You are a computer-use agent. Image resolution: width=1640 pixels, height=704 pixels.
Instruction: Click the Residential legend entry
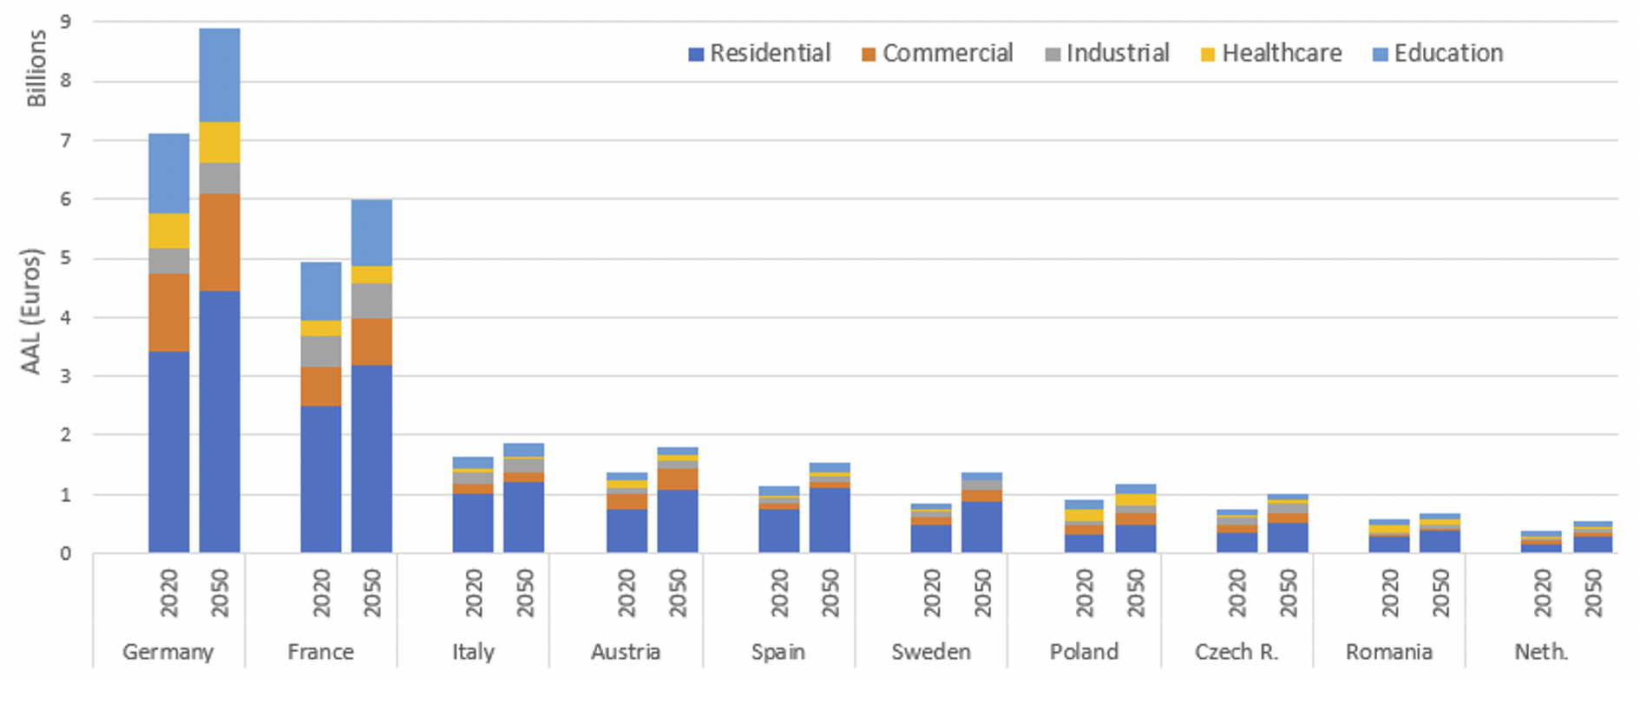pyautogui.click(x=759, y=54)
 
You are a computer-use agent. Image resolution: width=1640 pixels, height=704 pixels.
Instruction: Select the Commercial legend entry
pyautogui.click(x=937, y=54)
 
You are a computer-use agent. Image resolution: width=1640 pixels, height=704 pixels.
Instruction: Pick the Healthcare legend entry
pyautogui.click(x=1271, y=54)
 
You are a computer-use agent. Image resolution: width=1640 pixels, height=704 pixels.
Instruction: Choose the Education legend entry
pyautogui.click(x=1438, y=54)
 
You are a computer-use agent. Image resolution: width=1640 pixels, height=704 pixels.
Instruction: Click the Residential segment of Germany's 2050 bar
pyautogui.click(x=220, y=421)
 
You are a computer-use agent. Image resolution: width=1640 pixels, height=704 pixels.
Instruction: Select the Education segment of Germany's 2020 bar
pyautogui.click(x=168, y=173)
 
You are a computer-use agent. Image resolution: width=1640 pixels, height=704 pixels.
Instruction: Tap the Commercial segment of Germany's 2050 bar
pyautogui.click(x=220, y=242)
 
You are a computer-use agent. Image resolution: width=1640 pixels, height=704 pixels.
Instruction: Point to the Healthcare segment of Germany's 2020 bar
pyautogui.click(x=168, y=231)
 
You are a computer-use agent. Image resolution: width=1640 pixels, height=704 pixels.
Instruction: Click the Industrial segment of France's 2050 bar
pyautogui.click(x=371, y=301)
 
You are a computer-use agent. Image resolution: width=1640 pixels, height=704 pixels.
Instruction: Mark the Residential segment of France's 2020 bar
pyautogui.click(x=321, y=479)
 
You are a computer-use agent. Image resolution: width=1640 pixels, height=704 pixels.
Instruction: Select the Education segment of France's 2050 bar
pyautogui.click(x=371, y=232)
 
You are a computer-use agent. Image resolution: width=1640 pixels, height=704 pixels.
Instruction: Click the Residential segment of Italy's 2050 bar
pyautogui.click(x=524, y=517)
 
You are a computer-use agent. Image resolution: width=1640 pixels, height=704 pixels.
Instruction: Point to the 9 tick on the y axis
pyautogui.click(x=66, y=23)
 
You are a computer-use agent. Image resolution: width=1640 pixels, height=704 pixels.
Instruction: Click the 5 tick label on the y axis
pyautogui.click(x=66, y=258)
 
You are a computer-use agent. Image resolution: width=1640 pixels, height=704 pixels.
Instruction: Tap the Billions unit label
pyautogui.click(x=36, y=68)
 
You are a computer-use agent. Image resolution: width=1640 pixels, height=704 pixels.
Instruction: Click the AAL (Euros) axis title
pyautogui.click(x=31, y=311)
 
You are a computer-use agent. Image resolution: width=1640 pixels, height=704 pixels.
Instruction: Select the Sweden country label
pyautogui.click(x=931, y=652)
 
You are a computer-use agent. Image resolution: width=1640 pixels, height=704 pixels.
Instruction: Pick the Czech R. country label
pyautogui.click(x=1237, y=652)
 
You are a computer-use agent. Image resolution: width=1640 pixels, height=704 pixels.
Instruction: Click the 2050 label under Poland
pyautogui.click(x=1135, y=593)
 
